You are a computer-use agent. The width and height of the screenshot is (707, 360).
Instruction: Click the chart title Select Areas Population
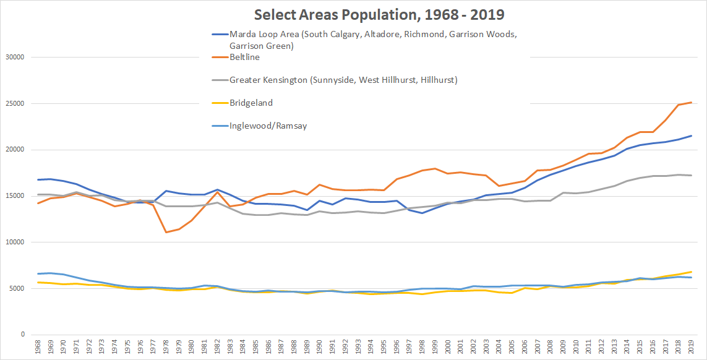pos(353,13)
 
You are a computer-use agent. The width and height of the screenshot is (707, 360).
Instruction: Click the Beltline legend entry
pos(244,57)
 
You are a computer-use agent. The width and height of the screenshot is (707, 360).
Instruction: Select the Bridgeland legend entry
pos(251,103)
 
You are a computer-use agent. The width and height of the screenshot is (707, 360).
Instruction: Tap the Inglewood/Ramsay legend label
pos(268,126)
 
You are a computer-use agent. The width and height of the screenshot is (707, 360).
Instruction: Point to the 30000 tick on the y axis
pos(13,58)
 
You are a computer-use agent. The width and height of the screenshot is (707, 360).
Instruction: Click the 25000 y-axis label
pos(13,103)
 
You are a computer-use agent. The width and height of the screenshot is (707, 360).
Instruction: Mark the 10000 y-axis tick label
pos(13,242)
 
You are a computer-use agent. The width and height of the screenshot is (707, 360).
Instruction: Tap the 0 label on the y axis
pos(22,335)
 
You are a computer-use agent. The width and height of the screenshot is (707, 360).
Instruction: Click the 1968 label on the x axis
pos(38,348)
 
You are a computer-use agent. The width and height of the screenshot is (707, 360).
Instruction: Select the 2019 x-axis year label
pos(692,348)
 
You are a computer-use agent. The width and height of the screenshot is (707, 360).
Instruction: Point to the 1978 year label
pos(166,348)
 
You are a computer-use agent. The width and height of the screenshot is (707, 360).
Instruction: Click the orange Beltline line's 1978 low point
pos(166,233)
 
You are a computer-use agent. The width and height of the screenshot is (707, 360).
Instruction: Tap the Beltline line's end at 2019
pos(692,102)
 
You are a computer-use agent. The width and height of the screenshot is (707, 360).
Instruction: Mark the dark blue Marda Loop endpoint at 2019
pos(692,135)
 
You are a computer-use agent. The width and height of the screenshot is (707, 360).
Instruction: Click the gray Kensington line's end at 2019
pos(692,175)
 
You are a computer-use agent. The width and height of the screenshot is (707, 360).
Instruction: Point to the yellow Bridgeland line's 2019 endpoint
pos(692,272)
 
